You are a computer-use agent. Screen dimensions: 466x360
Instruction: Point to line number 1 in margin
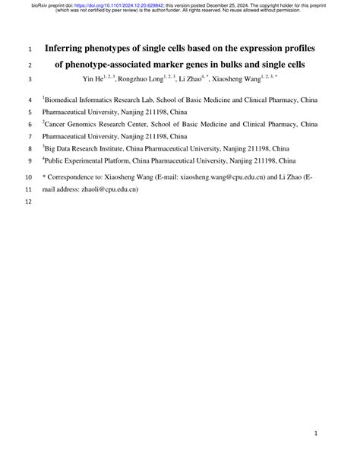(x=30, y=49)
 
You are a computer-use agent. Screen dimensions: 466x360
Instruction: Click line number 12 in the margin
(x=30, y=202)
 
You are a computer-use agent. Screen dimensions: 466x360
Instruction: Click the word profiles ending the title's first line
(x=297, y=49)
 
